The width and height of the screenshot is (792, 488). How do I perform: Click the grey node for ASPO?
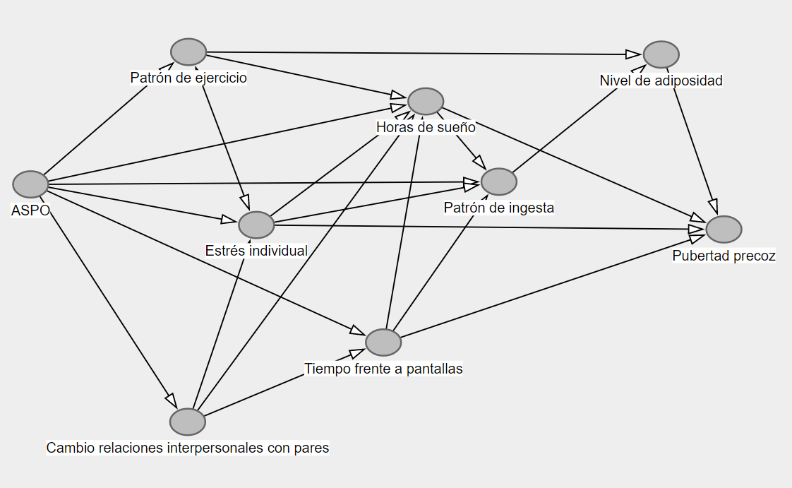click(x=30, y=184)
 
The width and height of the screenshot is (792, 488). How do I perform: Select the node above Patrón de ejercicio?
click(x=188, y=52)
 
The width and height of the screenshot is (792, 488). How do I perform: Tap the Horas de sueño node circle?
click(x=426, y=102)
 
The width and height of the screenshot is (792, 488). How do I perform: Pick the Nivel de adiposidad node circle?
click(x=661, y=54)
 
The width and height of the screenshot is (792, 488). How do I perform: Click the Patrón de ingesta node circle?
click(x=499, y=181)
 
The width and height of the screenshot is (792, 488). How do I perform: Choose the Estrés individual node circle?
click(x=256, y=225)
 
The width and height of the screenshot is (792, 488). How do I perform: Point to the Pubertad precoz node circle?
click(x=724, y=230)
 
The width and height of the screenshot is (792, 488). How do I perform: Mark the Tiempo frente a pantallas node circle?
click(x=383, y=342)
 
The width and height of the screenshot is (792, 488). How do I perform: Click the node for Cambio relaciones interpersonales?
click(x=188, y=422)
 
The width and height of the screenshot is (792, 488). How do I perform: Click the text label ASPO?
click(x=31, y=210)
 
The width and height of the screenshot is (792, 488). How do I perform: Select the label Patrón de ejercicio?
click(x=188, y=78)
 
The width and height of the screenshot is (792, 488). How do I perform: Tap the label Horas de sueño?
click(x=426, y=128)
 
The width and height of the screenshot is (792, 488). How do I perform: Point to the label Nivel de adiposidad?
click(x=661, y=81)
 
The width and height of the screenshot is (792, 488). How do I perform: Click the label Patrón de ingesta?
click(x=499, y=208)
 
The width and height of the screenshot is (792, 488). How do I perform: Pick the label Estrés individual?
click(x=256, y=251)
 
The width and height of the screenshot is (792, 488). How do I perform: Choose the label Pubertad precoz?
click(x=724, y=256)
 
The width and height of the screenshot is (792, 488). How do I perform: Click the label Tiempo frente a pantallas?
click(x=383, y=368)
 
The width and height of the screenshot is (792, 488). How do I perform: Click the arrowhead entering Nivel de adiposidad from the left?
click(x=634, y=54)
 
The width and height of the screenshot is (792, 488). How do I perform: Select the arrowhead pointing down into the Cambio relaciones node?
click(x=170, y=398)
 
